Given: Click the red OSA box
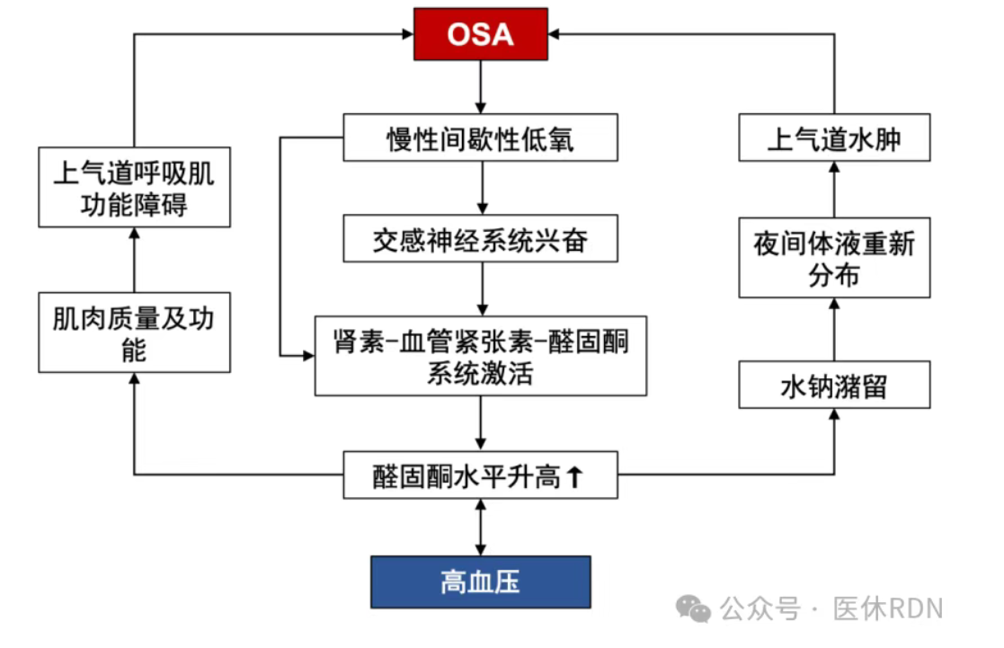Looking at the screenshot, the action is tap(480, 34).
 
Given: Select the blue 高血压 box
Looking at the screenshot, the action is tap(480, 582).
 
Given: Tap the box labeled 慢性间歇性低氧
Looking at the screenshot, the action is tap(480, 138).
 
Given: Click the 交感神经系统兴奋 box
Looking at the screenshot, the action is tap(480, 239).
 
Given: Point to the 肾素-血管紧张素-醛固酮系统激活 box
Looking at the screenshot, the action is tap(480, 356).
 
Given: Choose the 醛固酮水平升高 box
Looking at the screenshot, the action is tap(480, 475).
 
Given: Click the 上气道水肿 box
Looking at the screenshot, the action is tap(834, 138).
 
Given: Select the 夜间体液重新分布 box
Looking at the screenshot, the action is tap(834, 258).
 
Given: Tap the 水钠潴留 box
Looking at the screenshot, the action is tap(834, 385).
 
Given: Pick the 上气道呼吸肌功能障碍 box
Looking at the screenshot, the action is tap(135, 187).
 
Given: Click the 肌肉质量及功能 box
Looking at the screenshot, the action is tap(135, 333).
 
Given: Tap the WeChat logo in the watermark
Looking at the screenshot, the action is tap(693, 609).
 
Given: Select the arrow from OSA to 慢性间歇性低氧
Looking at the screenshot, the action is tap(481, 87).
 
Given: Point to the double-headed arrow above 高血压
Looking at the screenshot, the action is tap(481, 528).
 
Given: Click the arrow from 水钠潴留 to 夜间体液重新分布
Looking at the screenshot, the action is tap(834, 330).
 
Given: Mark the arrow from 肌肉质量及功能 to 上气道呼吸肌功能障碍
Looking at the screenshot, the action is tap(135, 260).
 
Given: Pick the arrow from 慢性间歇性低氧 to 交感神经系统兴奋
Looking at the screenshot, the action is tap(482, 188).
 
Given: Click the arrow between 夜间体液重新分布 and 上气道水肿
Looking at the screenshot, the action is tap(834, 190).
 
